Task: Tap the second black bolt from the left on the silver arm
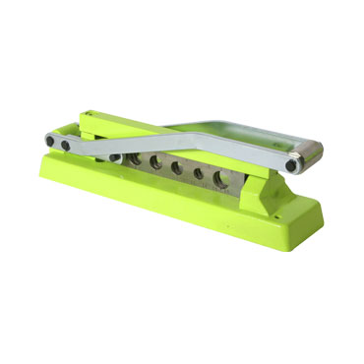point(66,146)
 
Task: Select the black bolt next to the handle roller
point(292,164)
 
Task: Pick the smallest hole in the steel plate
point(199,174)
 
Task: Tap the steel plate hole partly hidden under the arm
point(134,159)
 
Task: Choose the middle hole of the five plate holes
point(177,168)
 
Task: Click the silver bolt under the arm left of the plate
point(115,157)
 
